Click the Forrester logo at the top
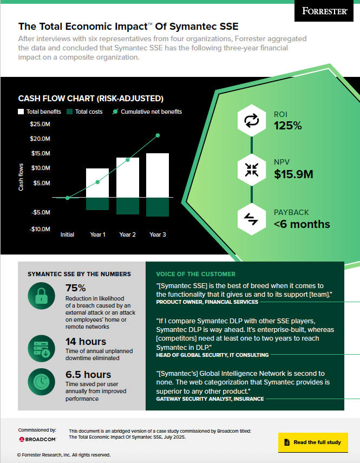[x=324, y=10]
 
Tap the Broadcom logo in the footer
[x=37, y=439]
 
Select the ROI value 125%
[x=287, y=126]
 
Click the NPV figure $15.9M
[x=293, y=174]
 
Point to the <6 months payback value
[x=302, y=224]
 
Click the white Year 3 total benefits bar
[x=158, y=175]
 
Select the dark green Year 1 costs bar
[x=97, y=204]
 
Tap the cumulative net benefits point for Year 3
[x=158, y=135]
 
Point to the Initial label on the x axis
[x=67, y=234]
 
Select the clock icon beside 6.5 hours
[x=42, y=382]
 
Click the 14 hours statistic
[x=85, y=342]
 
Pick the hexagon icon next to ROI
[x=252, y=121]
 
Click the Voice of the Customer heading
[x=195, y=274]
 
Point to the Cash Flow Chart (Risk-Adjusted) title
[x=91, y=99]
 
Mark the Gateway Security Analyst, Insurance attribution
[x=210, y=399]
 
